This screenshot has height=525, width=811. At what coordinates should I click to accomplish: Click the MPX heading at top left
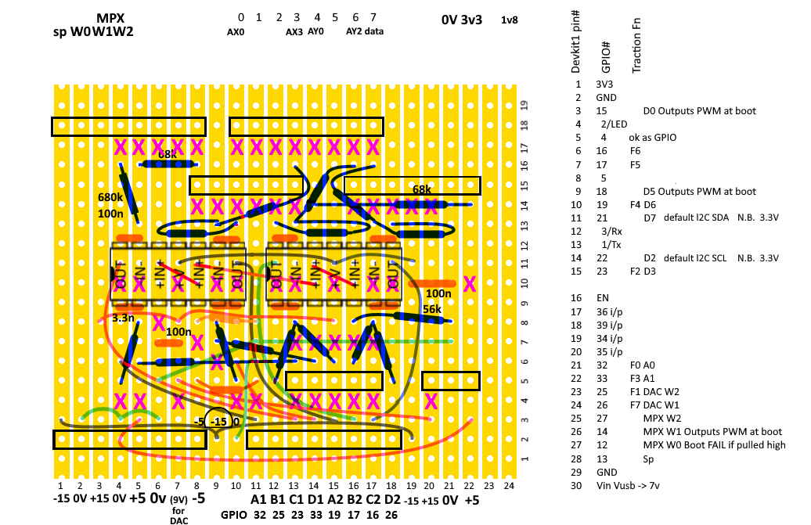[111, 18]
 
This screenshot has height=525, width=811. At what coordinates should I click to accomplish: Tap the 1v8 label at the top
[510, 20]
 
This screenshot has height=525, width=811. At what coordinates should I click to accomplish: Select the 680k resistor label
[110, 197]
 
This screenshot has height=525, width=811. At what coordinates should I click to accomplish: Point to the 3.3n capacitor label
[123, 318]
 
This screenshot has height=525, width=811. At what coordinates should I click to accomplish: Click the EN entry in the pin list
[602, 298]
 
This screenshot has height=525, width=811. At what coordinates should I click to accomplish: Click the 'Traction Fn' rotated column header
[636, 46]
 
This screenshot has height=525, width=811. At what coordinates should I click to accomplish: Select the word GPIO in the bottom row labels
[234, 516]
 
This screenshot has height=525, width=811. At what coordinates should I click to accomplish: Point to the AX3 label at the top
[294, 32]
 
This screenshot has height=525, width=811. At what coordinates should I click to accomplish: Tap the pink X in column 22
[469, 283]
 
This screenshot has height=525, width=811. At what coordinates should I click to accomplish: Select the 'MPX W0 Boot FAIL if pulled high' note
[713, 444]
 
